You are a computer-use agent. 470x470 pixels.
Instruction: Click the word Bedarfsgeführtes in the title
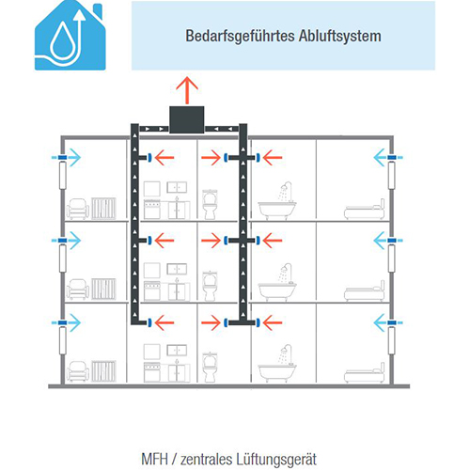[x=240, y=36]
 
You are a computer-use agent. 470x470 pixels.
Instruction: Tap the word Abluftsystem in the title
[x=340, y=36]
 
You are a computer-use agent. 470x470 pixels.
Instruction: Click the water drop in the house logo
[x=63, y=41]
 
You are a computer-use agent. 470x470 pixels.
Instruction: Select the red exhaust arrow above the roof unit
[x=187, y=89]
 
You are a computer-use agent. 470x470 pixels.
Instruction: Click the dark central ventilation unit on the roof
[x=187, y=119]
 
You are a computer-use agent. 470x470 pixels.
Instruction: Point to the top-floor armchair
[x=77, y=209]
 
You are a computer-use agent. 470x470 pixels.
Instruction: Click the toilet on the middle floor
[x=210, y=286]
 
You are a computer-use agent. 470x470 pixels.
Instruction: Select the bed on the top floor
[x=365, y=210]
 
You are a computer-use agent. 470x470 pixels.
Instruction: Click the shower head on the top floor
[x=284, y=187]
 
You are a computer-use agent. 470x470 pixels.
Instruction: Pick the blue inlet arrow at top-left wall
[x=70, y=157]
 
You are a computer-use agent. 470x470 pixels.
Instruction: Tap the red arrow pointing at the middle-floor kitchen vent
[x=164, y=241]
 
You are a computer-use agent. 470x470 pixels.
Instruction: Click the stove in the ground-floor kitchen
[x=152, y=372]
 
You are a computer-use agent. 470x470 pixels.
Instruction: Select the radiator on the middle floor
[x=103, y=289]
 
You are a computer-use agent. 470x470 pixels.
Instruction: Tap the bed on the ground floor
[x=365, y=373]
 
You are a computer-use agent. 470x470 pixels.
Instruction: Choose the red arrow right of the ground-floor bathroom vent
[x=273, y=322]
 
